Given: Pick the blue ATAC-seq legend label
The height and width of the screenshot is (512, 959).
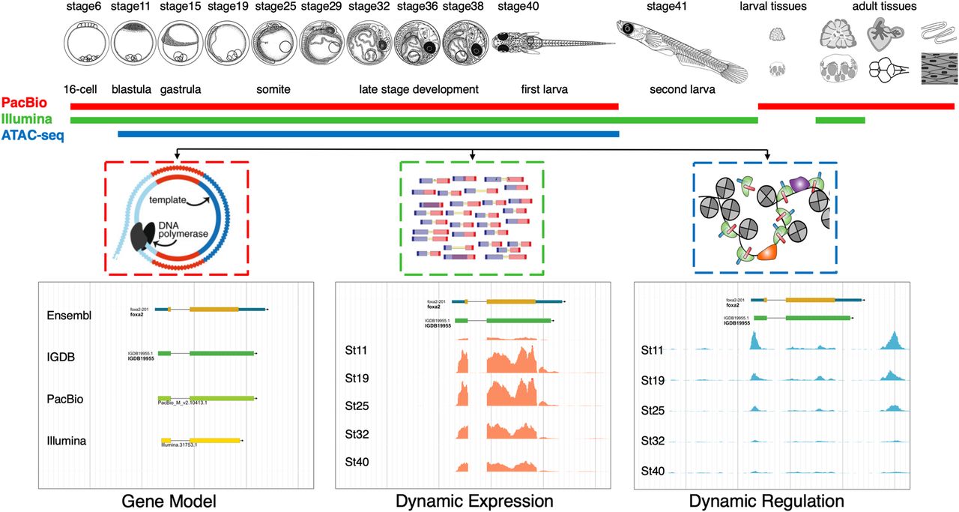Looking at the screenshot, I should point(33,135).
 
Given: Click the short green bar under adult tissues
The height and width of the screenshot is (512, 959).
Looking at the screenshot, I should point(840,120).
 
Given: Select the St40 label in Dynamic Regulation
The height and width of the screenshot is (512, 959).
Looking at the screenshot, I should point(653,471).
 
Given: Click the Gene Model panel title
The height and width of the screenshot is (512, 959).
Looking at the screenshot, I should point(170,501).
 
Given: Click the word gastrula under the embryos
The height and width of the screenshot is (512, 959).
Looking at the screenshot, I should point(181,89).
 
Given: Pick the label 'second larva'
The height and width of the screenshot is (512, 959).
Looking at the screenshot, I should point(682,89).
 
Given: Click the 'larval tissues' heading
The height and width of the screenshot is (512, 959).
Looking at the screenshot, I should point(773,7).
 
